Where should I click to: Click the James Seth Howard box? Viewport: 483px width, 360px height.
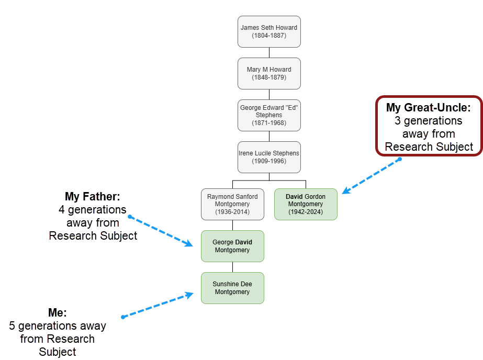(x=269, y=31)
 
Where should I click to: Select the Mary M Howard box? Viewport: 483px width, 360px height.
(x=269, y=73)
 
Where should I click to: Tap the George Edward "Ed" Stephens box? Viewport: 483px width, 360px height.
(x=269, y=115)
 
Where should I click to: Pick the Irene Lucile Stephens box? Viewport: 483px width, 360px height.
(x=269, y=157)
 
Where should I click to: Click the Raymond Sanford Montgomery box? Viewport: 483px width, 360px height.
(x=232, y=204)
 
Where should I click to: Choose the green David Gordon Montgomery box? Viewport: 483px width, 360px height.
(x=306, y=204)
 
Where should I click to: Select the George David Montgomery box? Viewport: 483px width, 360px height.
(x=232, y=246)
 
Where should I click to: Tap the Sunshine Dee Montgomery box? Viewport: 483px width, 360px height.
(x=232, y=288)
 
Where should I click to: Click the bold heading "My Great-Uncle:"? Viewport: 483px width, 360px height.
(x=428, y=108)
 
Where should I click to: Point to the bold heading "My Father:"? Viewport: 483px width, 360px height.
(x=93, y=197)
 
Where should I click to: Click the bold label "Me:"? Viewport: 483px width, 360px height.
(x=57, y=313)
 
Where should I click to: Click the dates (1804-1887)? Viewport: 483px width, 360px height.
(x=269, y=36)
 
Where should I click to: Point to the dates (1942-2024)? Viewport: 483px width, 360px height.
(x=306, y=212)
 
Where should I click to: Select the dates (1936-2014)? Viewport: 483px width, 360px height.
(x=232, y=212)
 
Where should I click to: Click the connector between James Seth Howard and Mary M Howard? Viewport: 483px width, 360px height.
(x=269, y=52)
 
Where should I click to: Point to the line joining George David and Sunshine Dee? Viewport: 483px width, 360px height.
(x=232, y=267)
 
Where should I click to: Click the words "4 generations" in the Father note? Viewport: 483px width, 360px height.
(x=93, y=210)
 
